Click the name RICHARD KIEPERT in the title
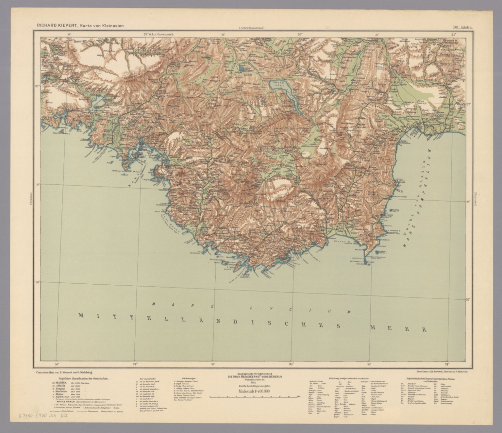pos(55,25)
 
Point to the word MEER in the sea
pos(398,328)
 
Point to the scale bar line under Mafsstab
pos(254,396)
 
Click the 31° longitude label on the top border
pos(453,34)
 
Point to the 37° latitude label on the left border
pos(37,86)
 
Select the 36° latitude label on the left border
pos(37,282)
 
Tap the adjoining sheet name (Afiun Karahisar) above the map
pos(251,28)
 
